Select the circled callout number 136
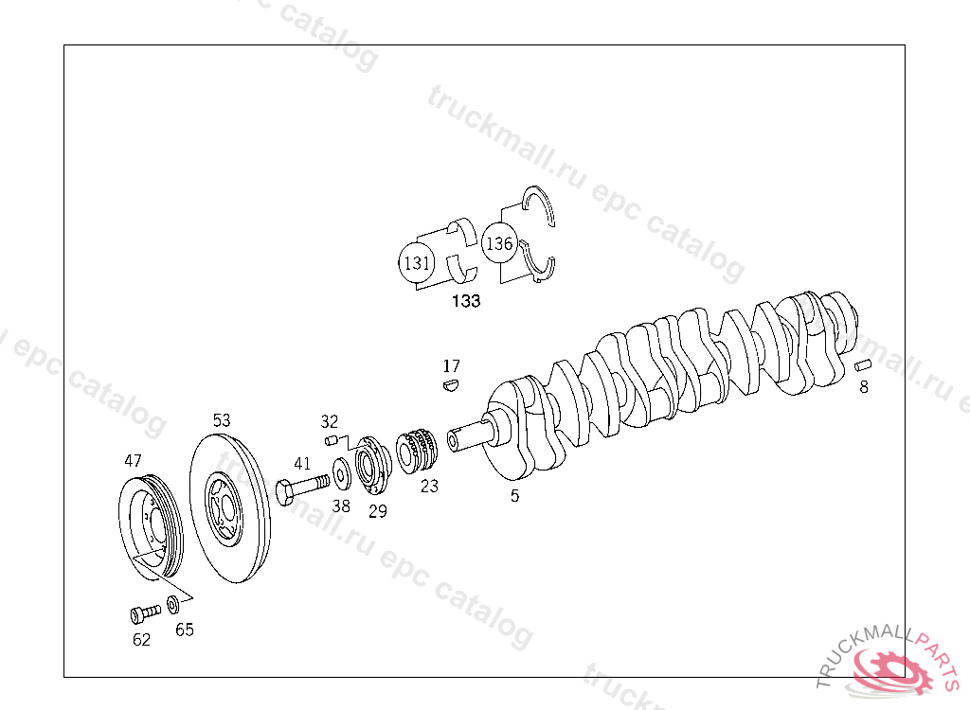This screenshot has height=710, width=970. click(x=498, y=243)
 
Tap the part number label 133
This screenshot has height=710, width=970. click(x=465, y=302)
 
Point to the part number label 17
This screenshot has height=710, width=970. click(x=451, y=365)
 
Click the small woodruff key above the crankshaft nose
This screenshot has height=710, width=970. click(x=451, y=384)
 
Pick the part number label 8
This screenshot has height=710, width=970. click(x=863, y=386)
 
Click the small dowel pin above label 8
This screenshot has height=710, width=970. click(x=862, y=364)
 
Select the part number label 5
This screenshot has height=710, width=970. click(x=514, y=495)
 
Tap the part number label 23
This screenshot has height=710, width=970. click(x=430, y=487)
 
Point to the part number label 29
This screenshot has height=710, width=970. click(x=378, y=511)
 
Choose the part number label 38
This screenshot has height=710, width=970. click(x=341, y=506)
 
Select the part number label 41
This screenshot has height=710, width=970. click(x=302, y=463)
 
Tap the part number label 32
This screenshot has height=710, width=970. click(x=329, y=421)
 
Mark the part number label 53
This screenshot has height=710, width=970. click(x=221, y=419)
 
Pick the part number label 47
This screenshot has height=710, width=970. click(x=133, y=461)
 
